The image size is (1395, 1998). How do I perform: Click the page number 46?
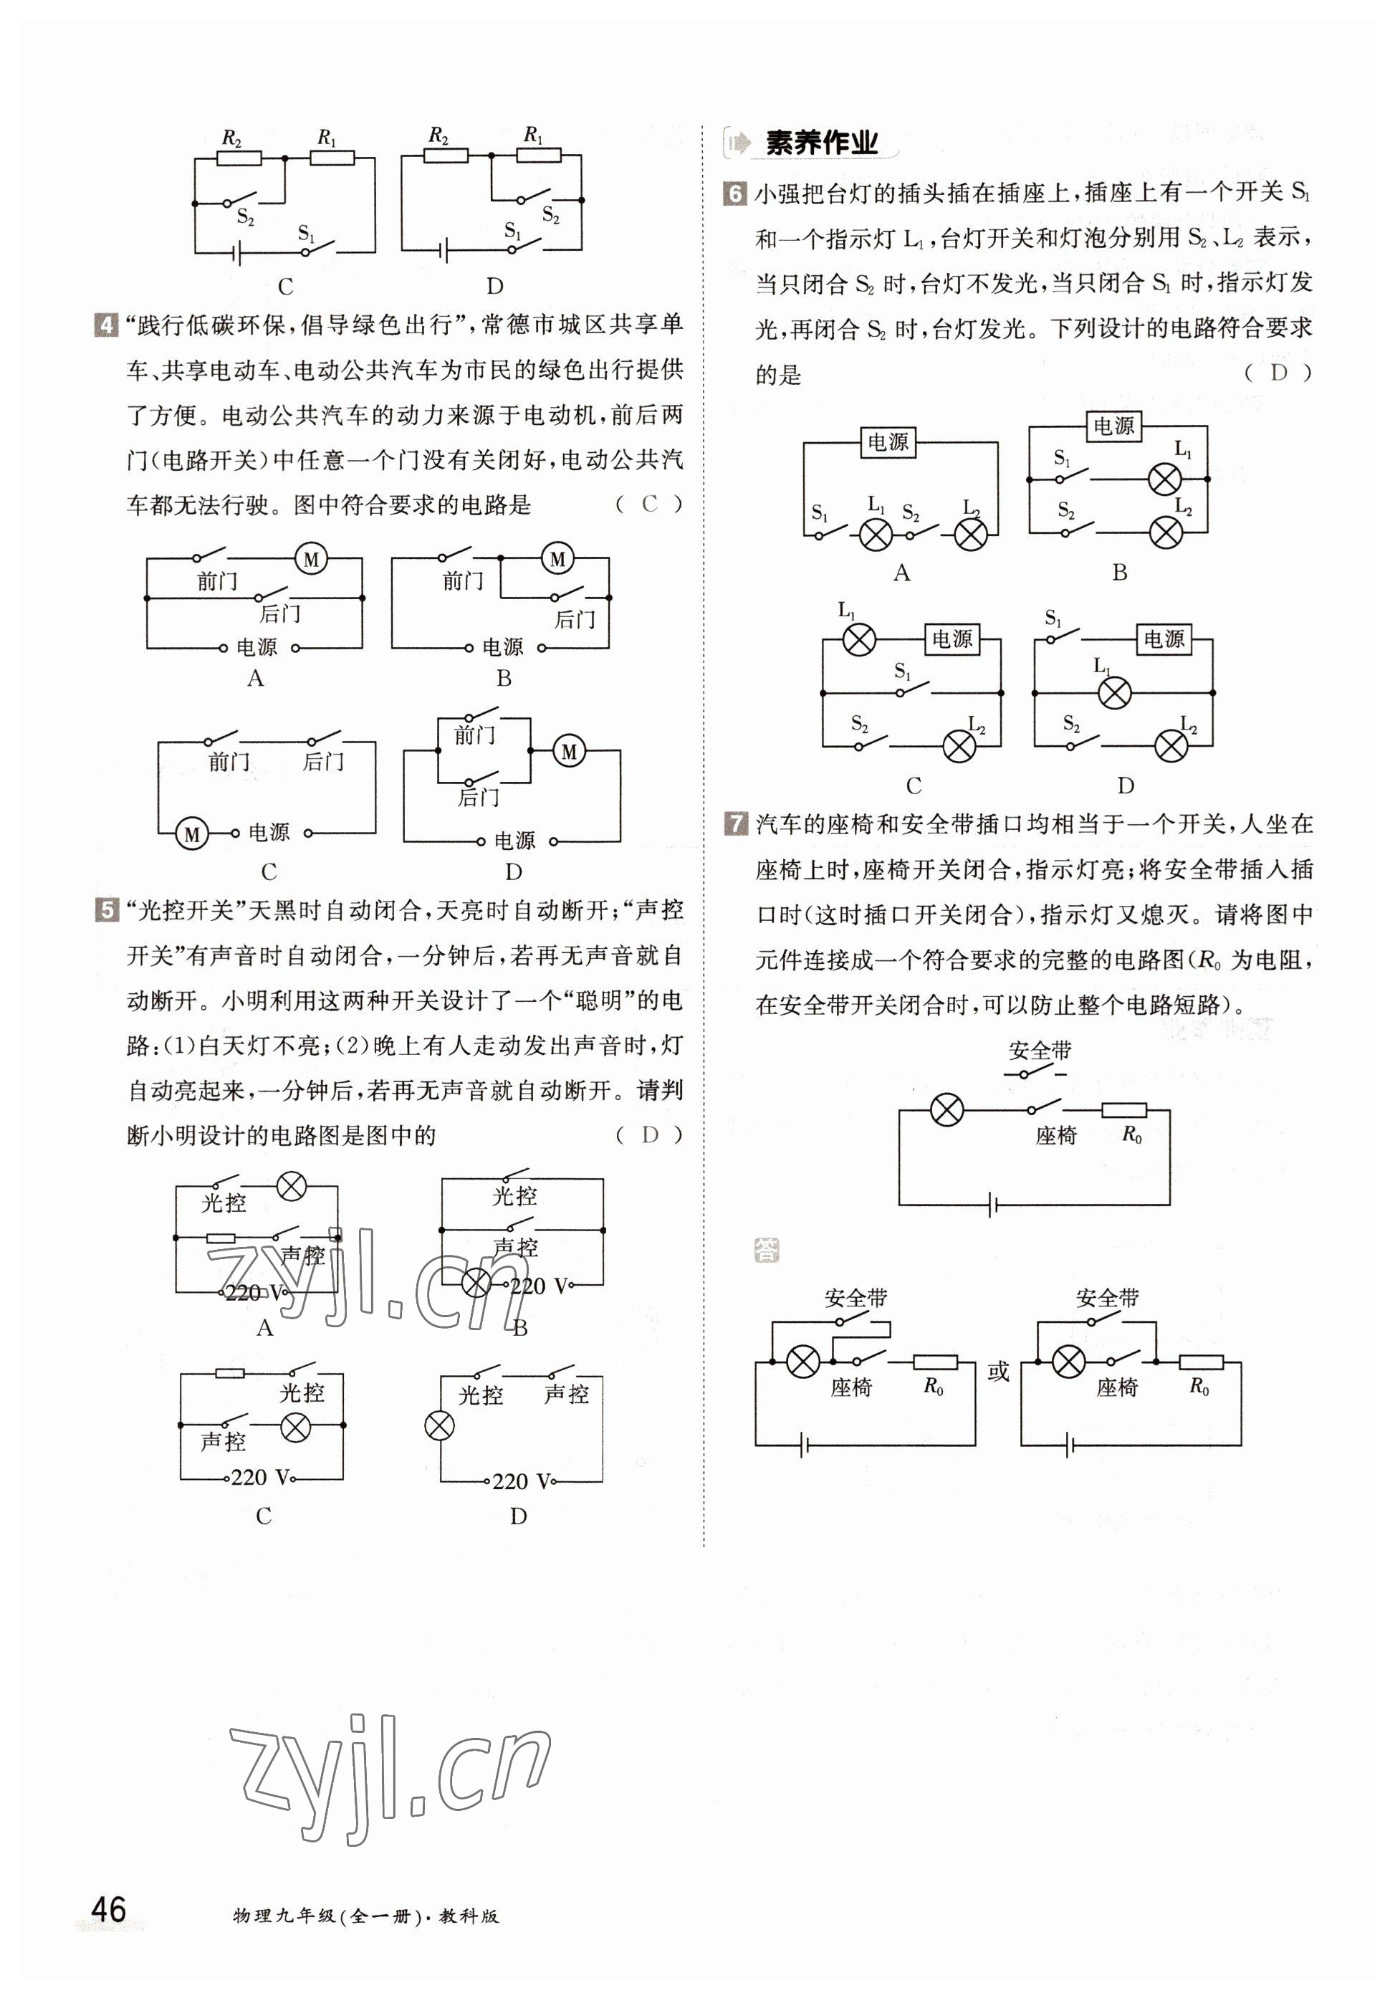point(109,1909)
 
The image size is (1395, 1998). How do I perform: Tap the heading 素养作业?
point(820,143)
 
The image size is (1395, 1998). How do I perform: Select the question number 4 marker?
point(105,326)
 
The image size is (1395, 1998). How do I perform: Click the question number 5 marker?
point(105,911)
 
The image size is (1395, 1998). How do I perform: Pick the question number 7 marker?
point(735,823)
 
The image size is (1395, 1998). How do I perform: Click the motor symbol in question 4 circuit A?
point(311,559)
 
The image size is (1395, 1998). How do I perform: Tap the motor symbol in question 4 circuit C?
point(191,834)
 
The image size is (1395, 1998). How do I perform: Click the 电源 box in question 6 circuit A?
point(887,442)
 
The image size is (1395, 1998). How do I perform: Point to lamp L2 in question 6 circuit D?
point(1171,746)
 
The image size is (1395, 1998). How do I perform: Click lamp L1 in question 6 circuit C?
point(860,639)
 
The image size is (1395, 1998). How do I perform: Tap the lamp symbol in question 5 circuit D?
point(439,1425)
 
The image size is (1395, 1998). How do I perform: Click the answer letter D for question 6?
point(1277,373)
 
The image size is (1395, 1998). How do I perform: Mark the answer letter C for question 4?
point(649,505)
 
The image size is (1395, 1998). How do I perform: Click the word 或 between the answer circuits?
point(998,1372)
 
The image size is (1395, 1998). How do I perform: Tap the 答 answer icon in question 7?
point(767,1251)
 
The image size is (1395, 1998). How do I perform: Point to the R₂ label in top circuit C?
point(231,138)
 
